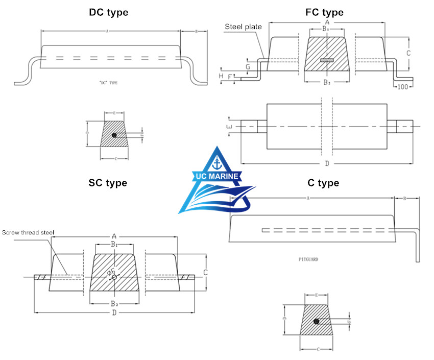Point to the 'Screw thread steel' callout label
[x=28, y=232]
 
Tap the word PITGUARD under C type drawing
[x=308, y=259]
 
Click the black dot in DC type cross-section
[x=114, y=135]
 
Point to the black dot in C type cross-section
[x=317, y=322]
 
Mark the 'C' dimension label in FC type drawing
[x=408, y=53]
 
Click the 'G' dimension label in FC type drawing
[x=248, y=66]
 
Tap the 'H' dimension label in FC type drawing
[x=221, y=76]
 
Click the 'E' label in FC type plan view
[x=230, y=126]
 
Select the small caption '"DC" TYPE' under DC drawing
[x=109, y=82]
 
